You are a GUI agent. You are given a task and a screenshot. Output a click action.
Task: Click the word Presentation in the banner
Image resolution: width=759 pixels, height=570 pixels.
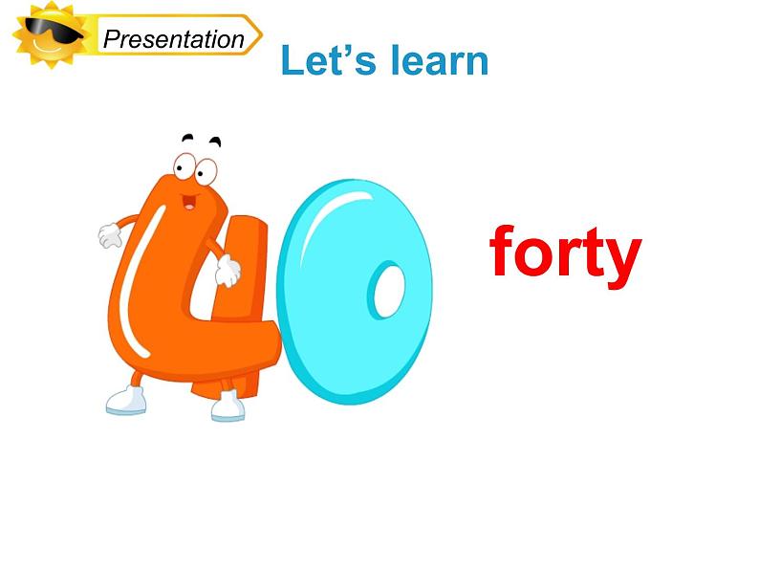173,39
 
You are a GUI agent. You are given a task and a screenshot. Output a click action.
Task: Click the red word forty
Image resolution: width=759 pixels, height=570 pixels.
564,252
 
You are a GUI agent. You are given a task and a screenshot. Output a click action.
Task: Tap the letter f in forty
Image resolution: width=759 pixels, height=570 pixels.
504,251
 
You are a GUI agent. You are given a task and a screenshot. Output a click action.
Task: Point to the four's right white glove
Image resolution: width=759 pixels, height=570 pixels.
228,272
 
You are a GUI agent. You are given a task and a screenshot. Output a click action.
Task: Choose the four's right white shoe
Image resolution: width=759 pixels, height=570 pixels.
228,407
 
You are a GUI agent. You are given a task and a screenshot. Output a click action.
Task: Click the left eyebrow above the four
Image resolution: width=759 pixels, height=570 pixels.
186,138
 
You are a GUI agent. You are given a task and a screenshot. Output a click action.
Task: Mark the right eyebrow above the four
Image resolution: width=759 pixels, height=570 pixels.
215,142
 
